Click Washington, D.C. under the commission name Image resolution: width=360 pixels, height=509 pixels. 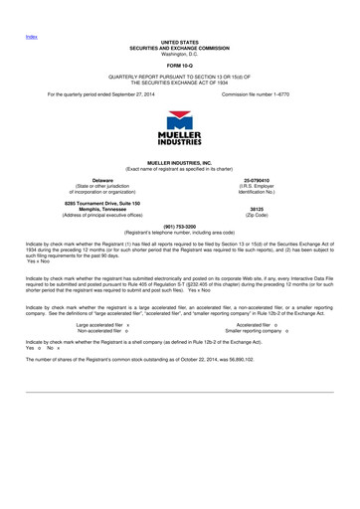click(x=180, y=53)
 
